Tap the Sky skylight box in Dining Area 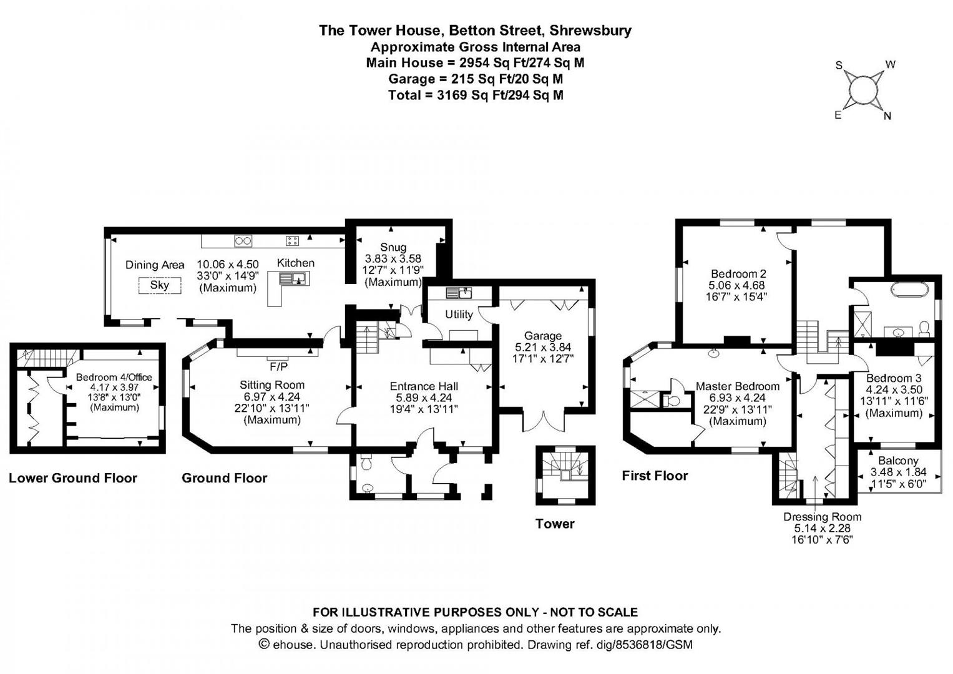pyautogui.click(x=159, y=285)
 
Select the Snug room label pyautogui.click(x=393, y=247)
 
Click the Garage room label pyautogui.click(x=542, y=336)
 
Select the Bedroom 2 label pyautogui.click(x=738, y=273)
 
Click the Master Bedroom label pyautogui.click(x=738, y=386)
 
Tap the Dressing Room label pyautogui.click(x=822, y=517)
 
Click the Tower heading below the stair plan pyautogui.click(x=554, y=524)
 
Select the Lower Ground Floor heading pyautogui.click(x=73, y=478)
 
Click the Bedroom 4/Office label pyautogui.click(x=114, y=377)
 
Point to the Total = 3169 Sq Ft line pyautogui.click(x=476, y=95)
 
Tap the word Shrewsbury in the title pyautogui.click(x=590, y=30)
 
